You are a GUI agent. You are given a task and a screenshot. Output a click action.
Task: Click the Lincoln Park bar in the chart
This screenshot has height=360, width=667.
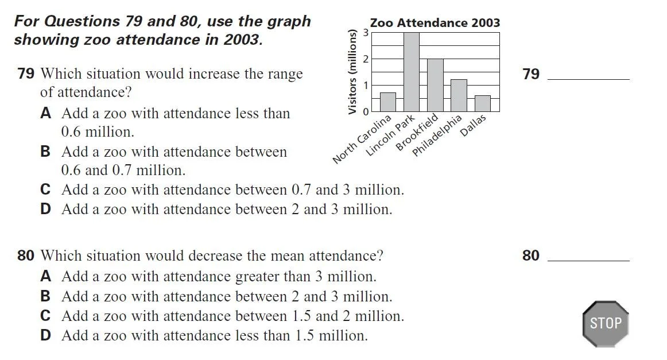(412, 72)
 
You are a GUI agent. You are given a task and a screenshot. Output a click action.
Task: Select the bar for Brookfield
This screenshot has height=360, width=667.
(435, 85)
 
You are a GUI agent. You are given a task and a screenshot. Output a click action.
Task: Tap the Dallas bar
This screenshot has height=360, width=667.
(482, 103)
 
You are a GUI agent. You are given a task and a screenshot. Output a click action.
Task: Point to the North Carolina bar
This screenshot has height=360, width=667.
(388, 102)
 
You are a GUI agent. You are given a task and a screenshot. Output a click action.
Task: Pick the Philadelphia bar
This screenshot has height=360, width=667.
(459, 96)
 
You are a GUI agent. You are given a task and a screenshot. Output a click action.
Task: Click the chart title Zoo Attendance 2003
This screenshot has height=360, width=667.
(435, 22)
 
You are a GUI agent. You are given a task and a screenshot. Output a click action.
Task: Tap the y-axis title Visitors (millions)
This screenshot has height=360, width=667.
(352, 72)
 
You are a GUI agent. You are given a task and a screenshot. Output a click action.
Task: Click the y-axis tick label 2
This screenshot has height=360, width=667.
(365, 59)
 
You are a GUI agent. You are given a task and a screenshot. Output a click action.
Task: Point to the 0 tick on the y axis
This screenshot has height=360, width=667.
(365, 112)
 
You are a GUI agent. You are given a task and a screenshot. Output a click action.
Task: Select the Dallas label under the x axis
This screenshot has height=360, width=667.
(472, 125)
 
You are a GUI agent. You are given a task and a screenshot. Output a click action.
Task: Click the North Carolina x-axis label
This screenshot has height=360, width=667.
(362, 139)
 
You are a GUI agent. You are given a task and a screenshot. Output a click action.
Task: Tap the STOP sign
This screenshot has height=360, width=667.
(606, 324)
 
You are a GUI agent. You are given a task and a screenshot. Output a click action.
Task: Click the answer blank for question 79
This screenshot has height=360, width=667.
(589, 79)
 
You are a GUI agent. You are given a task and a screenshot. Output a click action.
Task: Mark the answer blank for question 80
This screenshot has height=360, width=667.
(589, 260)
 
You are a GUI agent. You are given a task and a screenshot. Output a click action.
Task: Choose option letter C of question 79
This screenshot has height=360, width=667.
(45, 189)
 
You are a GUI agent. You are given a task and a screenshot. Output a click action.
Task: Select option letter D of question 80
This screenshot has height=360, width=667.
(45, 335)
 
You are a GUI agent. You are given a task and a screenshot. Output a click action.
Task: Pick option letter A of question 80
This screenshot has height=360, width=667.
(45, 277)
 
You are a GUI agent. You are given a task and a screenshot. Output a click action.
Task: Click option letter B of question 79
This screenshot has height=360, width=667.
(45, 152)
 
